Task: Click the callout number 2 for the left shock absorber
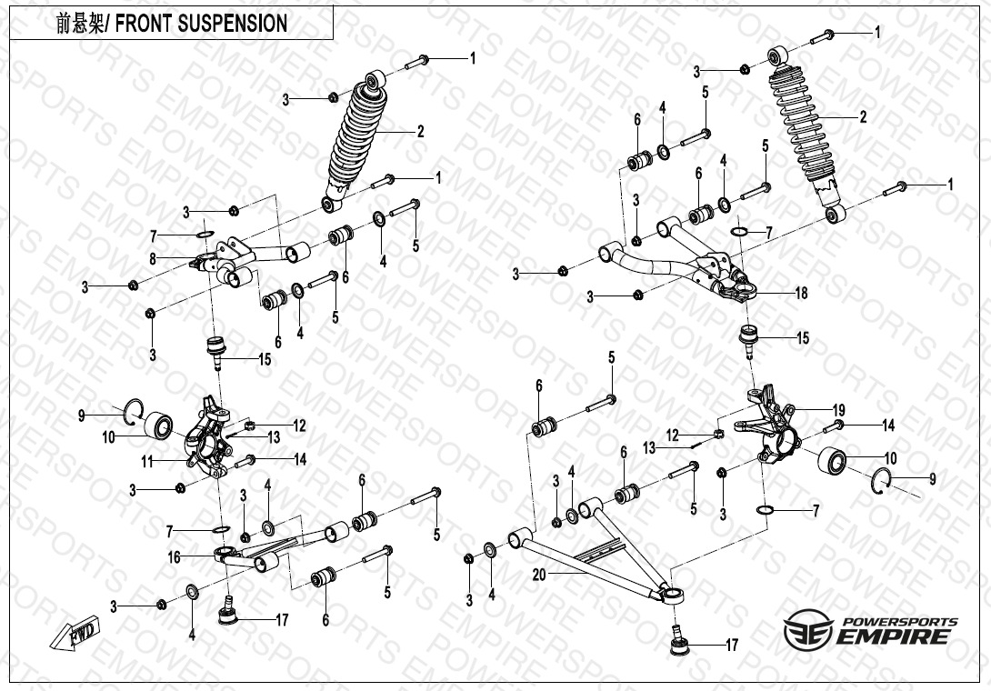pos(420,132)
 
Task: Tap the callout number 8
pos(153,259)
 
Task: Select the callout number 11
pos(145,462)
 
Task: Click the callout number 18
pos(801,294)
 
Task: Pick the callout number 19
pos(839,409)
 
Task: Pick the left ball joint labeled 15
pos(216,349)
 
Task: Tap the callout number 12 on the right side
pos(672,436)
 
